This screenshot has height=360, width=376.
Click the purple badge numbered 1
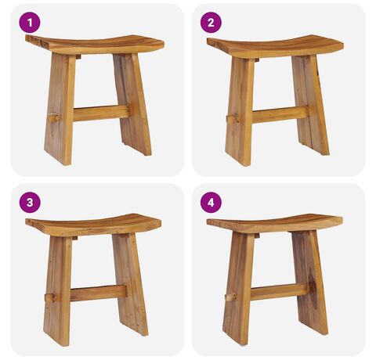tap(30, 23)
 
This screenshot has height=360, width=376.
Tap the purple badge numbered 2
tap(211, 23)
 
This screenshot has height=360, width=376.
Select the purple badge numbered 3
tap(30, 203)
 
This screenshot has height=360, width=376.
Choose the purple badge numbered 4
tap(211, 203)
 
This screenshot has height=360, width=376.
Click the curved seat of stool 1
tap(95, 45)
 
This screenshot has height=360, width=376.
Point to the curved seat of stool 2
tap(275, 46)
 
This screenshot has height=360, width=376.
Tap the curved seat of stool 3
tap(93, 225)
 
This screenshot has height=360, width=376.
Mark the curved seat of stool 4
tap(275, 224)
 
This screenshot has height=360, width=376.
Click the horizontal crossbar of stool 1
tap(101, 113)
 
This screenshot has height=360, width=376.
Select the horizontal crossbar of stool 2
tap(280, 115)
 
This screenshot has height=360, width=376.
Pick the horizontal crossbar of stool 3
tap(99, 293)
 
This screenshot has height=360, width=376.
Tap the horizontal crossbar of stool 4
tap(279, 292)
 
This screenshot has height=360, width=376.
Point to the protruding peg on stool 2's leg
tap(233, 120)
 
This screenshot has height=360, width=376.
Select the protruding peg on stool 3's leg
tap(50, 297)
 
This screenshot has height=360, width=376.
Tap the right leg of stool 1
tap(132, 104)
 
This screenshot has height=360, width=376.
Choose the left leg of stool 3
tap(58, 290)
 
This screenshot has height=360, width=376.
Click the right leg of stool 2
tap(311, 105)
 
